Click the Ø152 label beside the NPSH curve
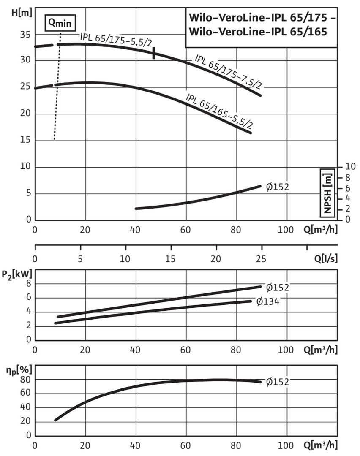(277, 186)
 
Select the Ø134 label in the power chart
(268, 301)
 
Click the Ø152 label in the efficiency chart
(277, 382)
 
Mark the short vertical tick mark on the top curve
(153, 53)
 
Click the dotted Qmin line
(58, 84)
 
